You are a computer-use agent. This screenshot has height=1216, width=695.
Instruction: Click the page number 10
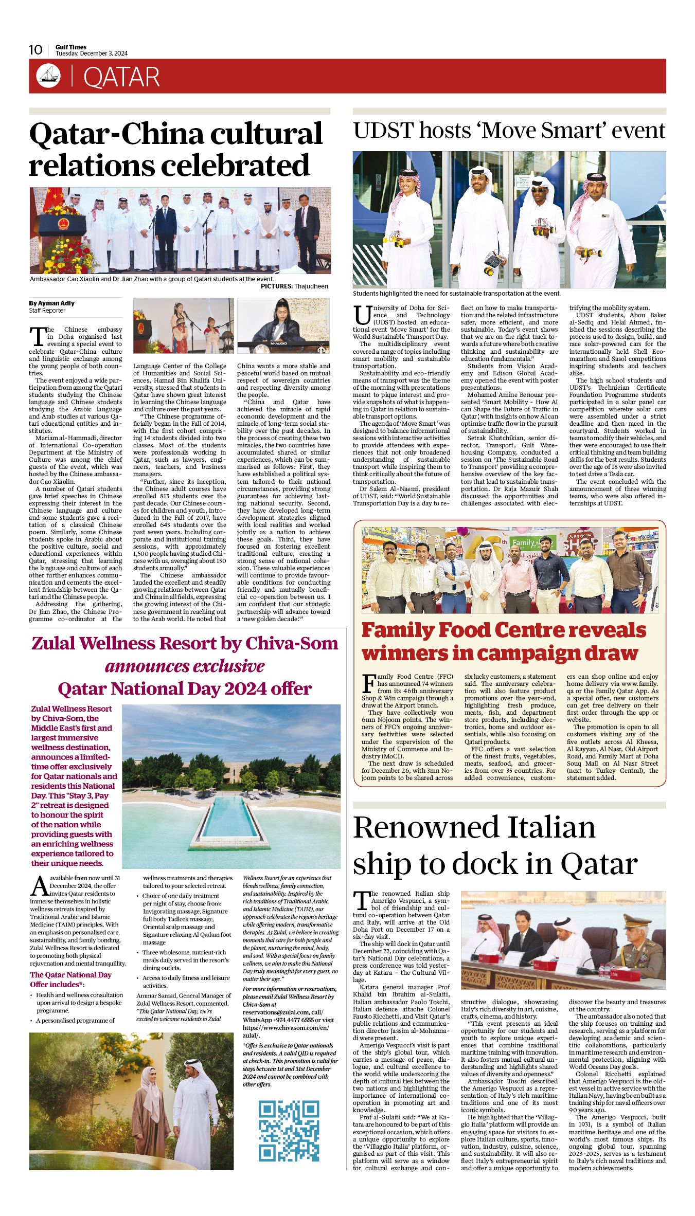35,49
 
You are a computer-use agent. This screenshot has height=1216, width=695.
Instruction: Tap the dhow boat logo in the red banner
48,76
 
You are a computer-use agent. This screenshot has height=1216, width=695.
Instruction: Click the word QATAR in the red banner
121,78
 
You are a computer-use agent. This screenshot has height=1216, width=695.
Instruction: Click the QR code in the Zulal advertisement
289,1131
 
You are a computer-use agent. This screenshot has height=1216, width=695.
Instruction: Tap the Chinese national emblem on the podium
63,224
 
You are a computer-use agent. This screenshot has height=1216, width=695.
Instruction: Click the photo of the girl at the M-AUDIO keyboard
283,325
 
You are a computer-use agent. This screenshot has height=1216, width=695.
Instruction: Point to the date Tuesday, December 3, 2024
92,53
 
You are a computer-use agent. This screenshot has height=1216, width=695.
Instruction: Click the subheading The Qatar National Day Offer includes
70,979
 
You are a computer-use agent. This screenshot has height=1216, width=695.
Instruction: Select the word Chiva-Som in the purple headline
292,643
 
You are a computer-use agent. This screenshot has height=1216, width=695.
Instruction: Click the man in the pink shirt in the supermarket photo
517,578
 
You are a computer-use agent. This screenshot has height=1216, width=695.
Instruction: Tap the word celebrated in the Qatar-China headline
236,166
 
